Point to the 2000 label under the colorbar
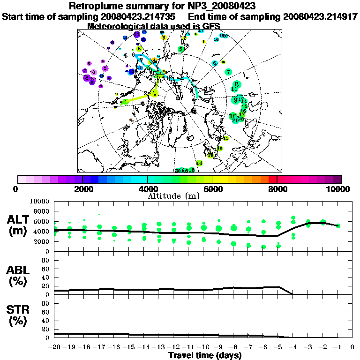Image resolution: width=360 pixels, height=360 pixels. (x=82, y=189)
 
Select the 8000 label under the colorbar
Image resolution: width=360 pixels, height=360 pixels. (x=277, y=189)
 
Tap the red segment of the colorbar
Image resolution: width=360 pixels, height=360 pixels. (x=273, y=179)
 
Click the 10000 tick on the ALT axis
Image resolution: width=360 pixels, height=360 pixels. (x=41, y=202)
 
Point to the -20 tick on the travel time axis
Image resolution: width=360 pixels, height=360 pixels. (x=55, y=347)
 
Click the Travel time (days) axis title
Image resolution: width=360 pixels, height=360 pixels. (x=205, y=356)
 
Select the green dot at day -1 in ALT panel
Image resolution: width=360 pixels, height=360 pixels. (x=338, y=225)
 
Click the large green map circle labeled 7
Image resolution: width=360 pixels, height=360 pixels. (x=228, y=72)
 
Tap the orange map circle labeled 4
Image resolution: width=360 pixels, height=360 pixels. (x=154, y=60)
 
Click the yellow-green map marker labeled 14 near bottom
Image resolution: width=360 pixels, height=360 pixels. (x=199, y=163)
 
